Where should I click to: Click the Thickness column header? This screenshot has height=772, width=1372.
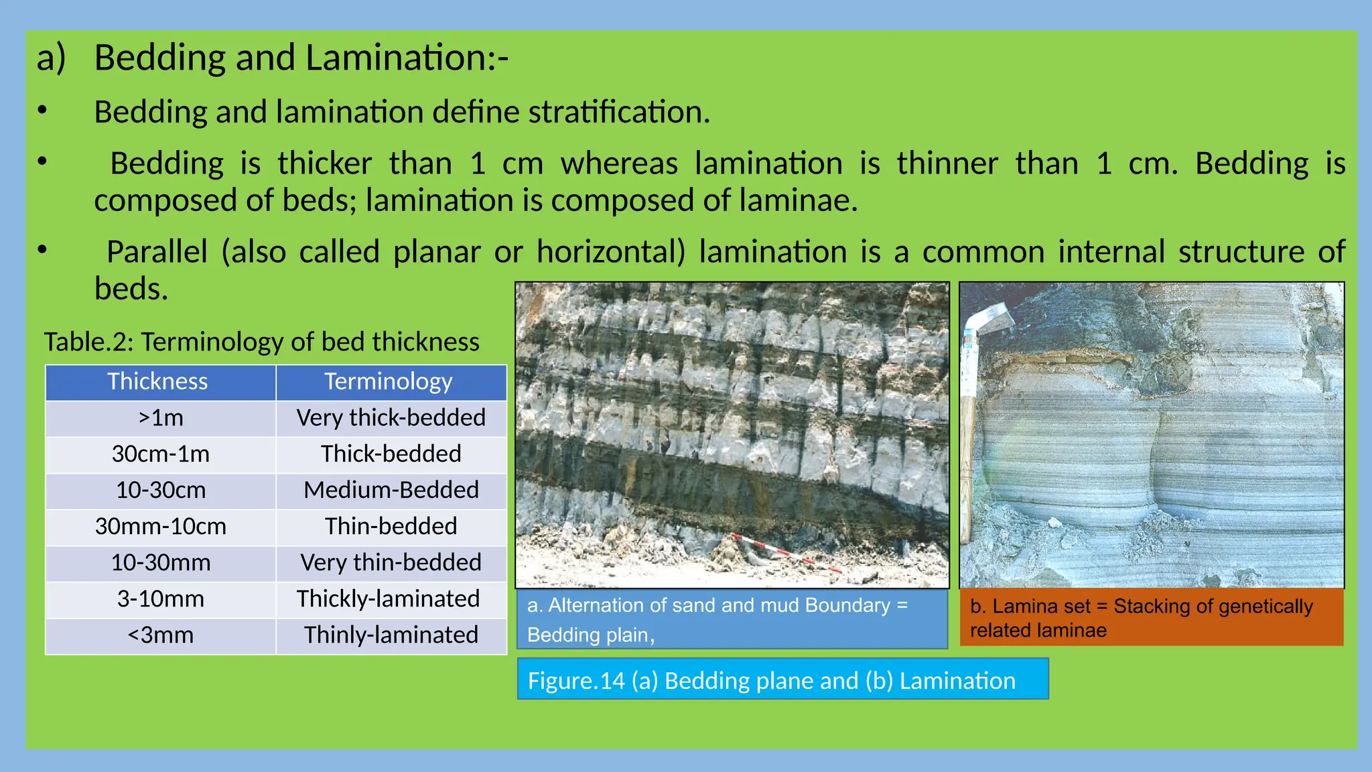(158, 381)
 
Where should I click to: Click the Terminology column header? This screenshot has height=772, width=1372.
(389, 381)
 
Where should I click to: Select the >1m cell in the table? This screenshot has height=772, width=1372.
(161, 418)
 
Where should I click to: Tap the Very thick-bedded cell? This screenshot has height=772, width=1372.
(391, 418)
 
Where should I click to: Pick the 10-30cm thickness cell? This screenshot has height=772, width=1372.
(161, 491)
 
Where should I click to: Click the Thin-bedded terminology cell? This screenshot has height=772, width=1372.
(391, 527)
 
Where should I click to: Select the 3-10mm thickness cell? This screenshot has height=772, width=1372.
(161, 599)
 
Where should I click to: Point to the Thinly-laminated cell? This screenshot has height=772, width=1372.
(391, 635)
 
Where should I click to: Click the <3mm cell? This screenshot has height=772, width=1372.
(161, 635)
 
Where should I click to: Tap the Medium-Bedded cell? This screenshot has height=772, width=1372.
(391, 491)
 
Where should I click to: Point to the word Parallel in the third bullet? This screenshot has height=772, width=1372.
(157, 252)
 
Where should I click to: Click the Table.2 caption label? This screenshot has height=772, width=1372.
(261, 342)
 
